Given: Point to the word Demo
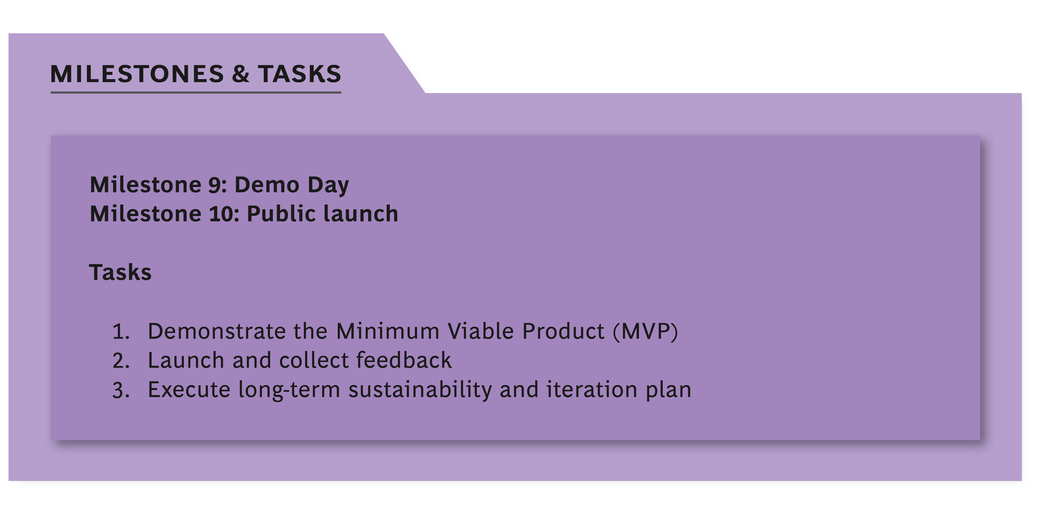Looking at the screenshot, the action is [267, 185].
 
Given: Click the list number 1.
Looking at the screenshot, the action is [121, 331].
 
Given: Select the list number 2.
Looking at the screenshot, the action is [121, 360].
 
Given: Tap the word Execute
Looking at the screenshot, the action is [189, 390].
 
